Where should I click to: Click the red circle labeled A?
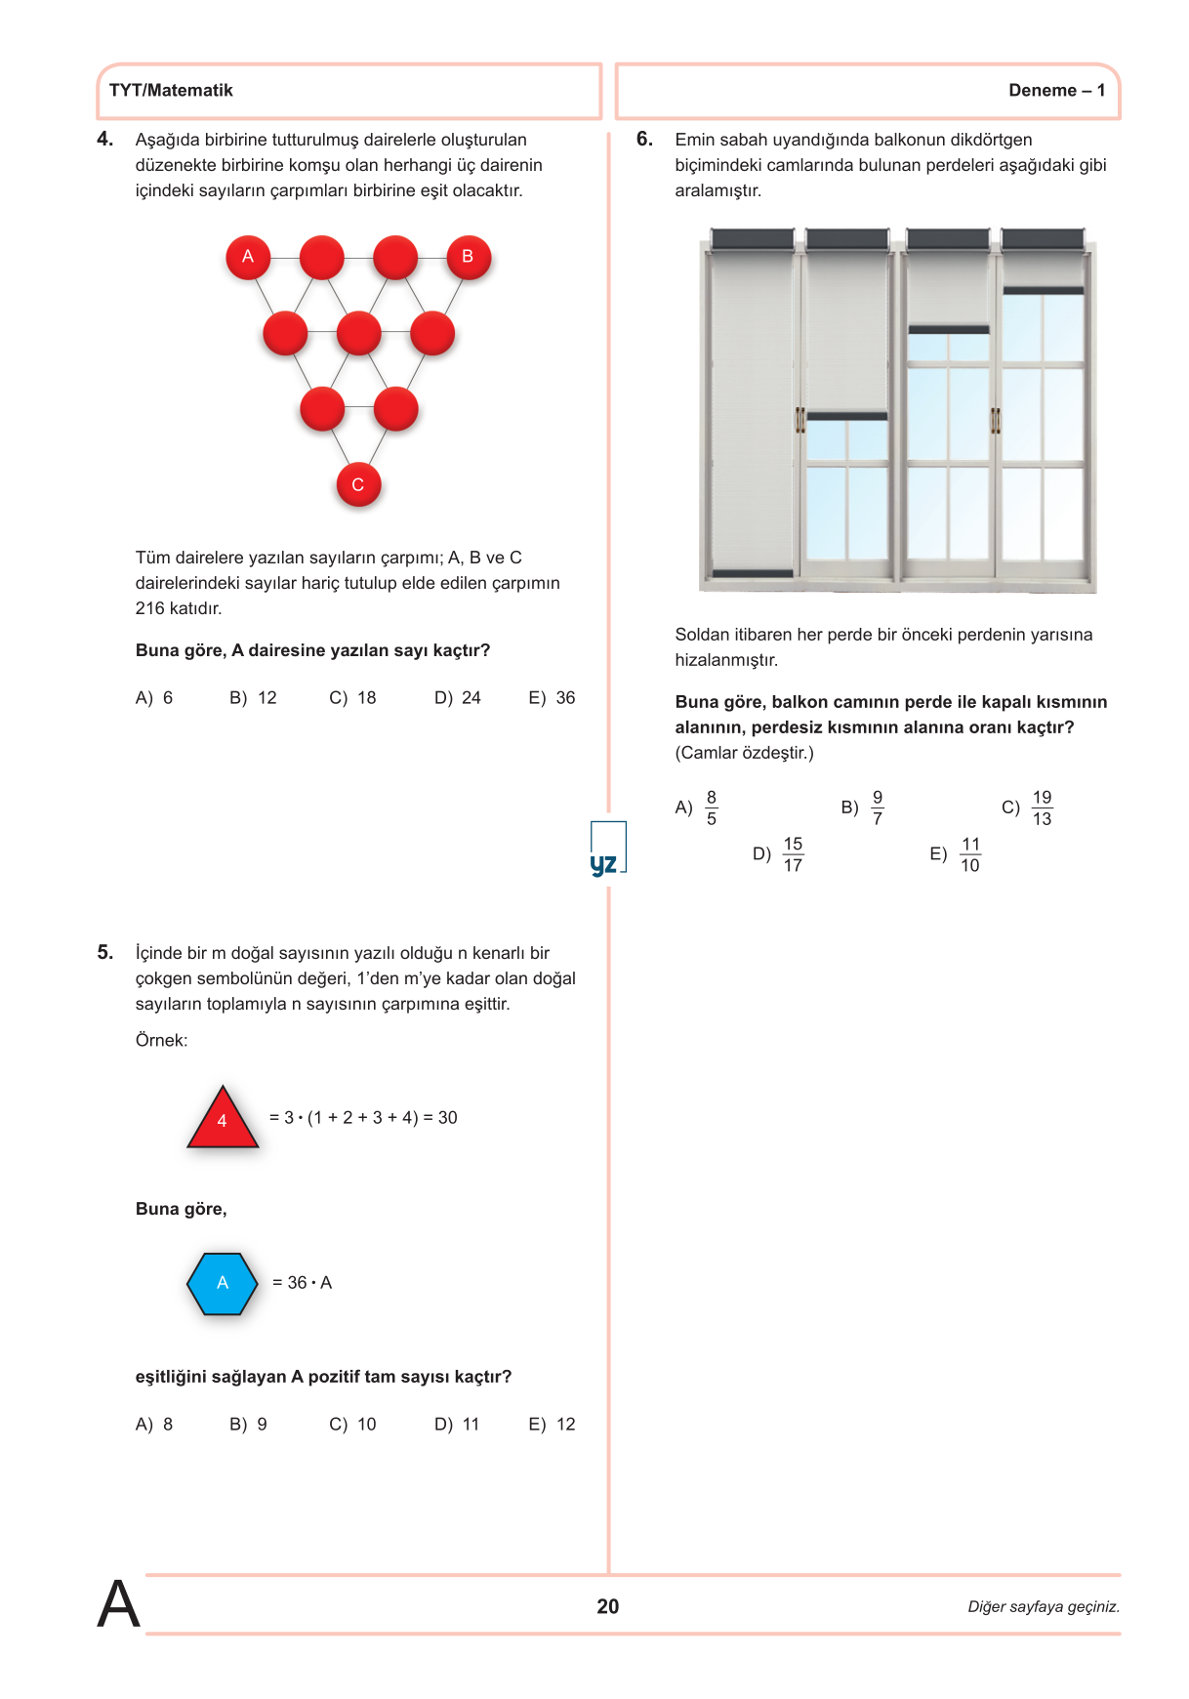[248, 257]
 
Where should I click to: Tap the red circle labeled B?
[469, 257]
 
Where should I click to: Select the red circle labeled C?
[358, 484]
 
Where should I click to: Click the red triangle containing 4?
[223, 1119]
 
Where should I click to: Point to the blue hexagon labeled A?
[223, 1283]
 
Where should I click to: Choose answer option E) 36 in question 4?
[553, 698]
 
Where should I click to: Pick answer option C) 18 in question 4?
[352, 698]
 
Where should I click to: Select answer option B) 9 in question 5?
[248, 1425]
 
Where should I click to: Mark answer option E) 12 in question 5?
[553, 1425]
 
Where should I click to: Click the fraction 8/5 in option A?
[712, 808]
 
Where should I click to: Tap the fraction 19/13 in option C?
[1042, 808]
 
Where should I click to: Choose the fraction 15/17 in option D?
[793, 854]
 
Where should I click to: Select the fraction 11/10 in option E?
[970, 854]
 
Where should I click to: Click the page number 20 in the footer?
[608, 1606]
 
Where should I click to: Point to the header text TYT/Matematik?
[171, 91]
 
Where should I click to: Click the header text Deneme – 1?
[1056, 91]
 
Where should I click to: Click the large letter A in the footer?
[118, 1604]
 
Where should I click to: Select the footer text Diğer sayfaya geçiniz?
[1044, 1607]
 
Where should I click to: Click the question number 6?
[644, 140]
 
